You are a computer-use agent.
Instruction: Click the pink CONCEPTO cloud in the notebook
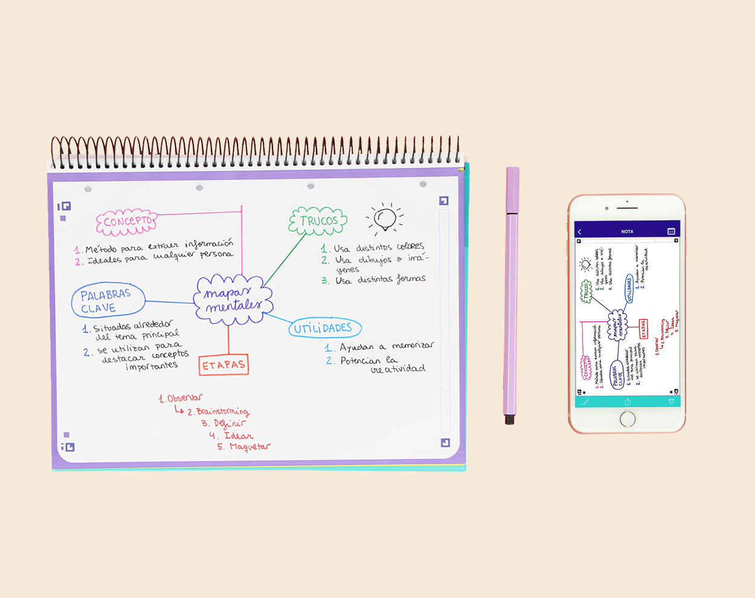tap(127, 222)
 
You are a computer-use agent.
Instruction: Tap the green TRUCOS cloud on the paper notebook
tap(318, 221)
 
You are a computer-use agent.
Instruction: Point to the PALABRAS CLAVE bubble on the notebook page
tap(108, 301)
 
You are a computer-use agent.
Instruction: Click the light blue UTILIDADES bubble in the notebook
tap(324, 328)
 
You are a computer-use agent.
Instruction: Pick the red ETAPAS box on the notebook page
tap(223, 365)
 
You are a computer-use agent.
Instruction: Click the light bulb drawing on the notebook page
tap(385, 219)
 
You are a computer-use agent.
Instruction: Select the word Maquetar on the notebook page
tap(250, 447)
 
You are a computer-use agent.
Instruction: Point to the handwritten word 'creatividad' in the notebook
tap(398, 369)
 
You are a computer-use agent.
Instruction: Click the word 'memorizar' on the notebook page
tap(413, 346)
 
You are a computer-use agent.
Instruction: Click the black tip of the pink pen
tap(510, 419)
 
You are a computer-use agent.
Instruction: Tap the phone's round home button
tap(628, 418)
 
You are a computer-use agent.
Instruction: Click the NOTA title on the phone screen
tap(628, 231)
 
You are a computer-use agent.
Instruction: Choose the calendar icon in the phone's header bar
tap(671, 231)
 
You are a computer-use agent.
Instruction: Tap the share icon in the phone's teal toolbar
tap(628, 402)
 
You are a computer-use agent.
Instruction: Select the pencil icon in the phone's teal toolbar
tap(585, 402)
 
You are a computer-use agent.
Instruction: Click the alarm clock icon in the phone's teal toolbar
tap(671, 402)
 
